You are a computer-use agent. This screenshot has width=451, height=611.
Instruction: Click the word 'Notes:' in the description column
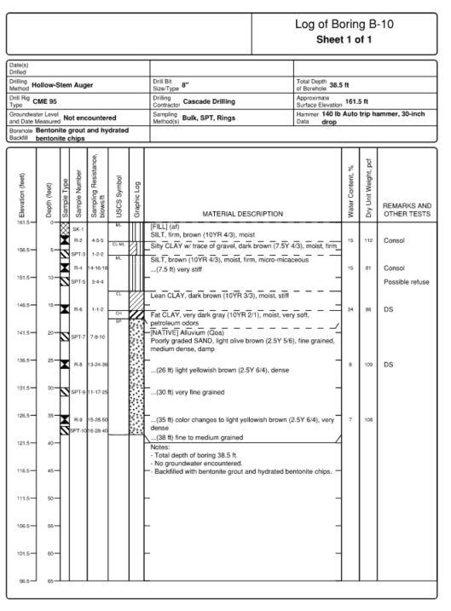[159, 447]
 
